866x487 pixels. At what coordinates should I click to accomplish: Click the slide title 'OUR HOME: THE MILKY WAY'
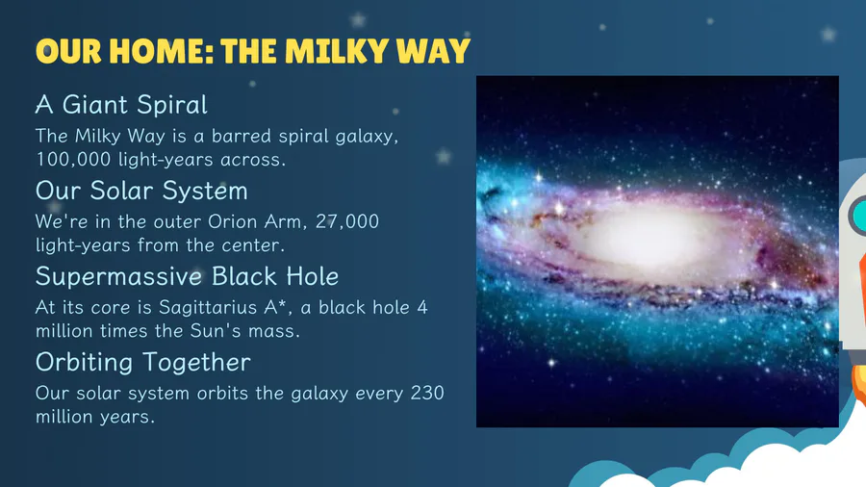pos(252,51)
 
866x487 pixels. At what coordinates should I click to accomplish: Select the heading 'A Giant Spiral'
pos(121,104)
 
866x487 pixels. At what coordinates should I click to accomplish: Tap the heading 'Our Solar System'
pos(141,191)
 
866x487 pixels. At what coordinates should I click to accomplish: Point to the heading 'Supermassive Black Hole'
pos(187,276)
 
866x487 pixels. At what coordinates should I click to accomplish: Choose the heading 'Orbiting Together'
pos(143,363)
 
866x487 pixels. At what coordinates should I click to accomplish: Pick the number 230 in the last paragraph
pos(427,393)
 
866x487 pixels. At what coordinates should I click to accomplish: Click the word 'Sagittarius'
pos(211,308)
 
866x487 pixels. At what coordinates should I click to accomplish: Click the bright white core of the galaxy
pos(649,239)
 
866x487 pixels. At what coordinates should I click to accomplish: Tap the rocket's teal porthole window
pos(858,216)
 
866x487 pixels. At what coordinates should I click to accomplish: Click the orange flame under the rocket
pos(859,381)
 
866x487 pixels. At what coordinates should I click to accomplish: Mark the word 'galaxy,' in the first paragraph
pos(367,137)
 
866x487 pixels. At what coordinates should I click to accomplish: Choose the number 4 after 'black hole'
pos(422,308)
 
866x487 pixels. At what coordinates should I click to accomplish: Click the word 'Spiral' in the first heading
pos(172,104)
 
